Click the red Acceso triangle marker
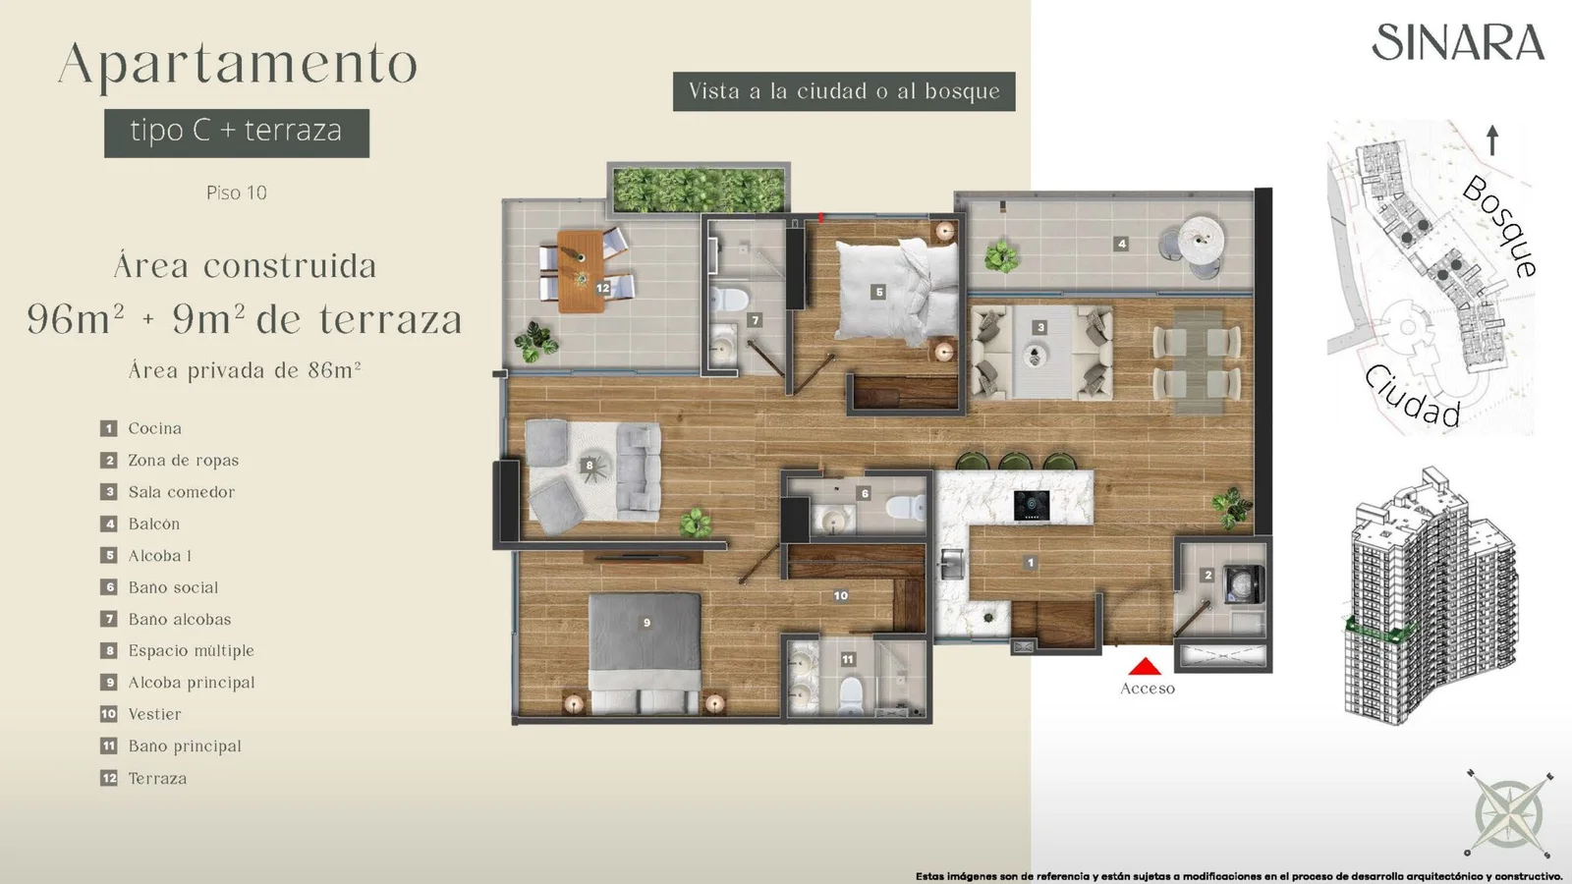point(1146,666)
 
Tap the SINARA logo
point(1458,42)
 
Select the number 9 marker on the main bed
point(646,623)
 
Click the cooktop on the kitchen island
point(1032,505)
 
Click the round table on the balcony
point(1201,240)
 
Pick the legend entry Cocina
point(154,428)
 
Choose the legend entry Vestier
point(154,714)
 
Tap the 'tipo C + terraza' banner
point(237,133)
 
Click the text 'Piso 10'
point(237,193)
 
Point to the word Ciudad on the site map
point(1413,397)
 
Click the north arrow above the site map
point(1492,140)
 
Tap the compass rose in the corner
point(1508,813)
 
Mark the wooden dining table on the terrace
point(581,271)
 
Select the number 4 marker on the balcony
point(1121,244)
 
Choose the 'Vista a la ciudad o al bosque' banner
point(844,91)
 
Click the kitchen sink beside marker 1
point(952,564)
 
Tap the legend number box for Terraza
point(109,778)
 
